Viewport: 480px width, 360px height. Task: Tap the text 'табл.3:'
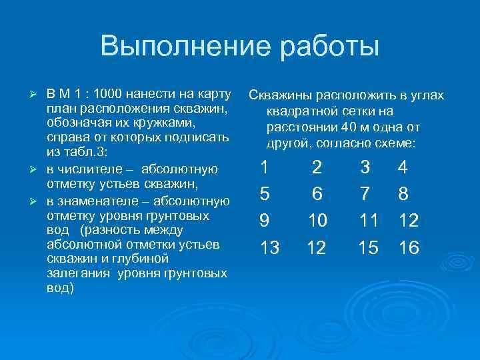coord(81,153)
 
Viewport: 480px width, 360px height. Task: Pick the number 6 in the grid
coord(317,193)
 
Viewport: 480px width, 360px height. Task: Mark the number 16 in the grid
coord(408,248)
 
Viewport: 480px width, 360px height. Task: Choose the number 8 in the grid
coord(403,193)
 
